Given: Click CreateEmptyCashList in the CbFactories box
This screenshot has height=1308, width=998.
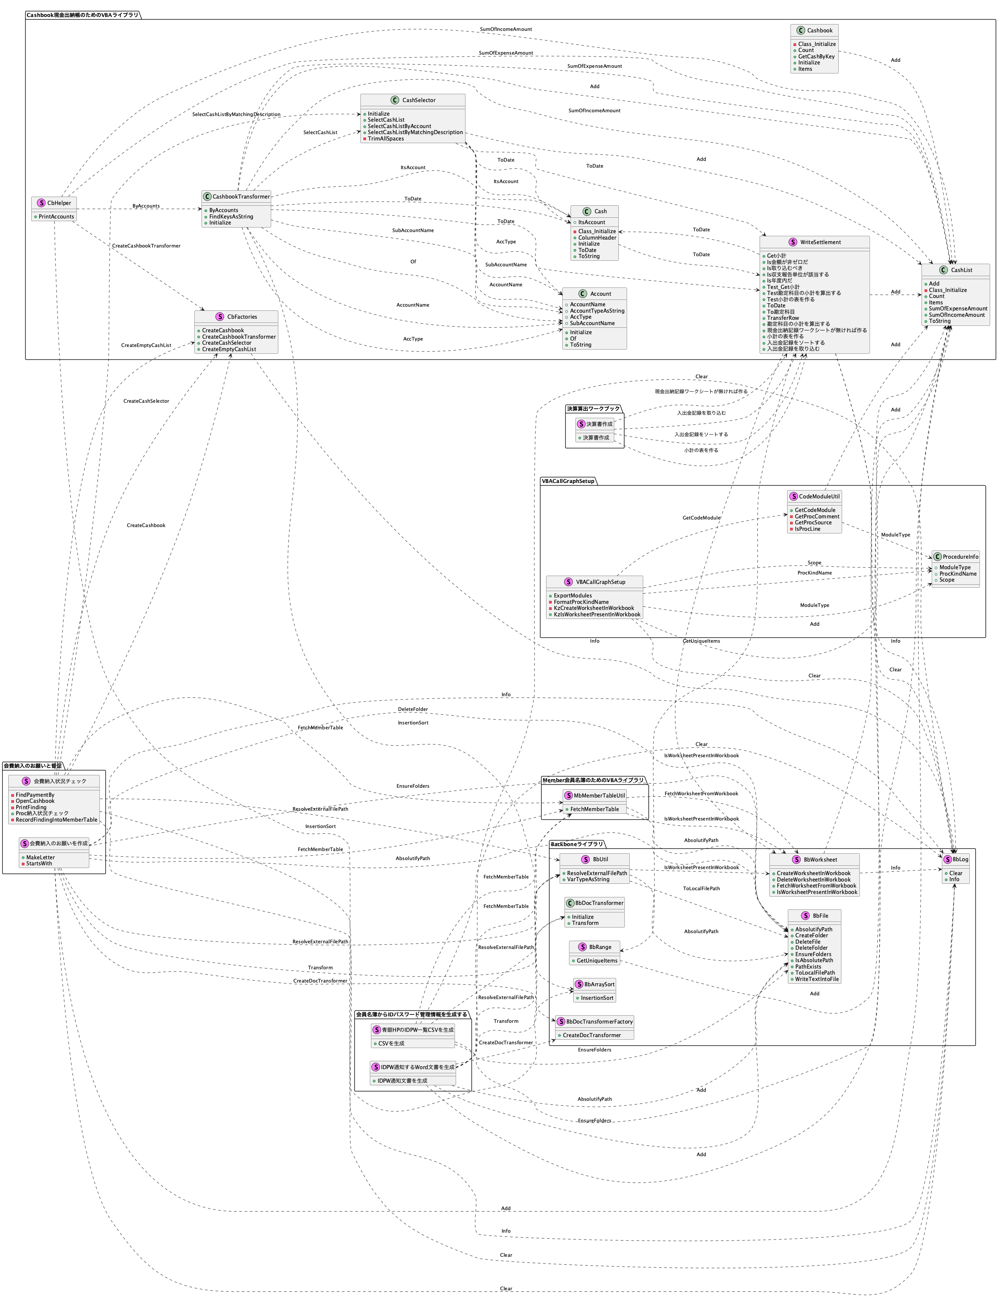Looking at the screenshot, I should pyautogui.click(x=228, y=349).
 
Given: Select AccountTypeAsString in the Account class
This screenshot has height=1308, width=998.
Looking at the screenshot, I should pyautogui.click(x=597, y=311).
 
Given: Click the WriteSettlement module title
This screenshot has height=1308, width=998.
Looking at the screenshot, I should pyautogui.click(x=820, y=242).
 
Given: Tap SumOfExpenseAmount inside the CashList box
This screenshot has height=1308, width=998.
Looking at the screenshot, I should pyautogui.click(x=958, y=309).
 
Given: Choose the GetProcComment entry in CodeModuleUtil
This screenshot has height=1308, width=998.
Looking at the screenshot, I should pyautogui.click(x=817, y=516).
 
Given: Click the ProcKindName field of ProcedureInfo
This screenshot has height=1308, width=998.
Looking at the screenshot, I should pyautogui.click(x=958, y=573).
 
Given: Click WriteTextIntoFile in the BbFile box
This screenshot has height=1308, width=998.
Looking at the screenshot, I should pyautogui.click(x=817, y=979).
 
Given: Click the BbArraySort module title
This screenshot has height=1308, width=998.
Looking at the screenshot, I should pyautogui.click(x=599, y=984).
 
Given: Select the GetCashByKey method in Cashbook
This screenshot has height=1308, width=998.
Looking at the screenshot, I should pyautogui.click(x=816, y=57).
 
